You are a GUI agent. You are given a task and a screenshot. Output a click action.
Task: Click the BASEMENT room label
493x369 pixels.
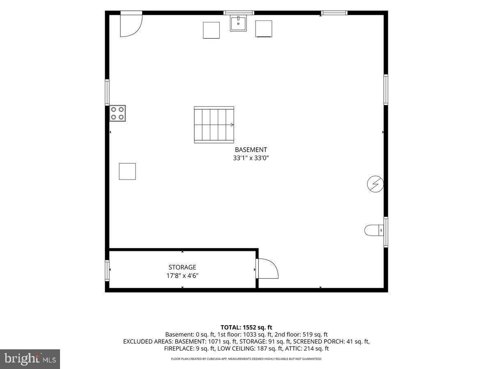pos(251,150)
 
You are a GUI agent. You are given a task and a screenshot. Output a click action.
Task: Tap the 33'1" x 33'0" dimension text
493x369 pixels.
pos(251,158)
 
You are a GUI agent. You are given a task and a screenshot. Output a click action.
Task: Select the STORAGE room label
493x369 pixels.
pos(182,267)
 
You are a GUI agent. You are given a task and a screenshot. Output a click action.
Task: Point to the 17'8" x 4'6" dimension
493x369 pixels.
pos(182,276)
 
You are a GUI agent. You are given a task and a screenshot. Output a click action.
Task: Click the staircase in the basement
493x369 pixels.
pos(214,125)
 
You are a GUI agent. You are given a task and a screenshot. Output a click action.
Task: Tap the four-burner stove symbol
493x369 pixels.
pos(117,114)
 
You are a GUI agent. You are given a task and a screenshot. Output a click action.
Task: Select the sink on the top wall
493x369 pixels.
pos(238,23)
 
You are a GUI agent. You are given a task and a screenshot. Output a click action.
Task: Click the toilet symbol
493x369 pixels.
pos(374,230)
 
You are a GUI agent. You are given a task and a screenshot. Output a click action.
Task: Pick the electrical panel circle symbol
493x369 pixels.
pos(376,184)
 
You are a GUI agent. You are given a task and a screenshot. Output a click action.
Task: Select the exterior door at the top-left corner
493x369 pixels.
pos(131,24)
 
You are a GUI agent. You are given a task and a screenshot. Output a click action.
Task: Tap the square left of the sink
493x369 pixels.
pos(211,30)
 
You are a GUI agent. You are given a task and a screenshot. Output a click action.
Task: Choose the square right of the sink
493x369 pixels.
pos(264,29)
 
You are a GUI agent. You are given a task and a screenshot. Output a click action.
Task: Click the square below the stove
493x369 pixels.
pos(127,171)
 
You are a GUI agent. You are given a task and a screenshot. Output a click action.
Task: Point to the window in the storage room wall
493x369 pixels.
pos(107,271)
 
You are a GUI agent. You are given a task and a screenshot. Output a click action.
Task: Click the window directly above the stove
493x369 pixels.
pos(107,92)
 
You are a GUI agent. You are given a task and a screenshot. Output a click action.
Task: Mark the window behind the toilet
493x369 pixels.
pos(386,232)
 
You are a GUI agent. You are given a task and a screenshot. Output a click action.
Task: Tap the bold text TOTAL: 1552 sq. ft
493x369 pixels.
pos(246,327)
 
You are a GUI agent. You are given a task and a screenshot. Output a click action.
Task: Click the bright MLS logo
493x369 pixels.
pos(30,359)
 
